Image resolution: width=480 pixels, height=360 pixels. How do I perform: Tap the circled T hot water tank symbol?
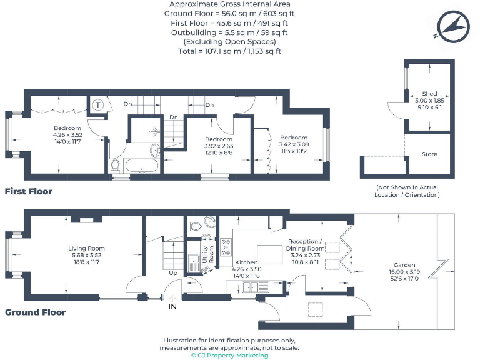(x=99, y=105)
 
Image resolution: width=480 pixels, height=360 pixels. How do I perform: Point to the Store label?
(x=429, y=154)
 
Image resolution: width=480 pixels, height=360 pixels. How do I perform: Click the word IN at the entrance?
(x=172, y=307)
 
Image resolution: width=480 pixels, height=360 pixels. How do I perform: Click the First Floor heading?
(x=29, y=191)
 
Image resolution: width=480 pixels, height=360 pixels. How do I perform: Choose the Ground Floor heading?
(x=35, y=312)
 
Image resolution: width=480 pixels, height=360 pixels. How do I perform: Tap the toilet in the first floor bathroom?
(x=115, y=165)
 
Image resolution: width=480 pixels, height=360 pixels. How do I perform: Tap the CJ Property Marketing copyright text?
(x=229, y=355)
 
